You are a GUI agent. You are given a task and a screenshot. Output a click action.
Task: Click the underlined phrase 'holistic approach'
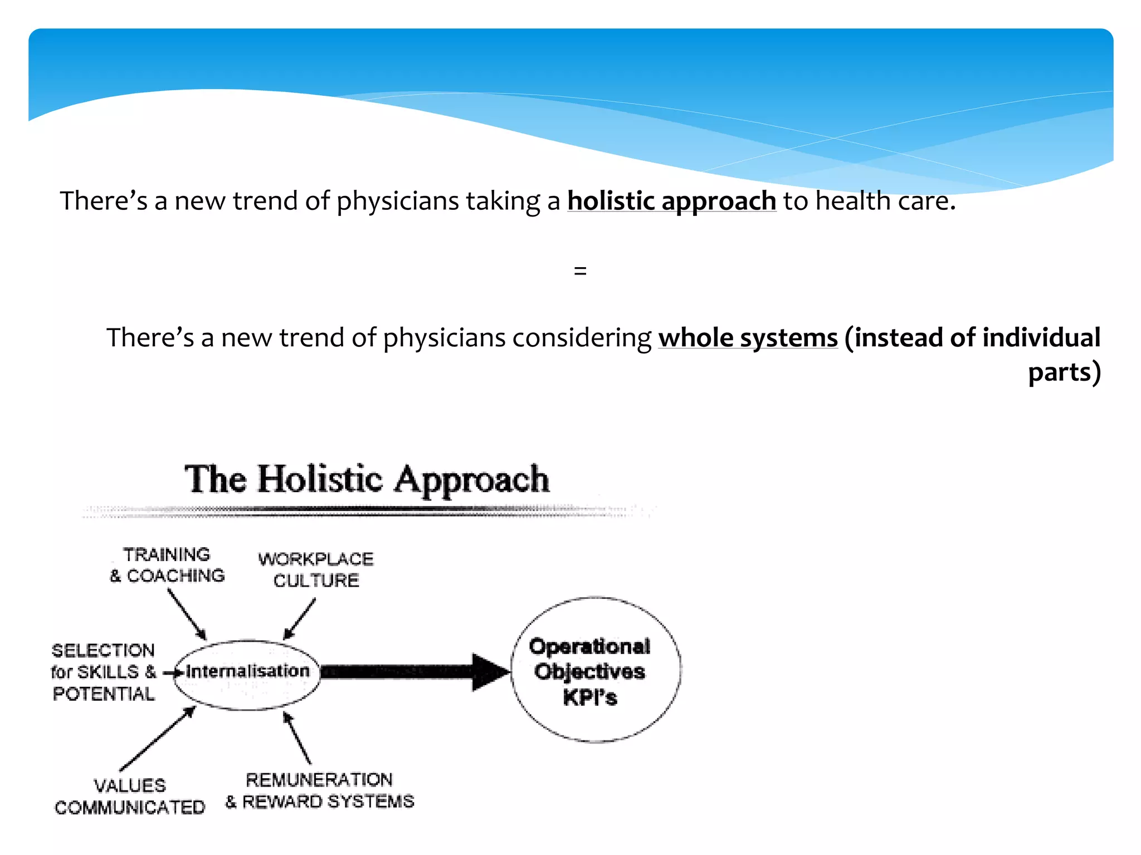[x=671, y=201]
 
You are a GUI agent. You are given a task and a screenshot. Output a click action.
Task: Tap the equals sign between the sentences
[x=580, y=271]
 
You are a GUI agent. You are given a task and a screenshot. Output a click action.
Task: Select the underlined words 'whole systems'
[x=748, y=338]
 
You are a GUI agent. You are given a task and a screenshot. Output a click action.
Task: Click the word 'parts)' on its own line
[x=1064, y=372]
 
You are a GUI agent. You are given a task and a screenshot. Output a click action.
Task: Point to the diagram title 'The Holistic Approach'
[x=367, y=479]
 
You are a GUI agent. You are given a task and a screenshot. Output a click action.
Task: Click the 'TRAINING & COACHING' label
[x=167, y=565]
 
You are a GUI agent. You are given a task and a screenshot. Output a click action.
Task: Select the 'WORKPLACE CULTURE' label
[x=316, y=569]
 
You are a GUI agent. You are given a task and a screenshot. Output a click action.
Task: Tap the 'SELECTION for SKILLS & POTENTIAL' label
[x=104, y=672]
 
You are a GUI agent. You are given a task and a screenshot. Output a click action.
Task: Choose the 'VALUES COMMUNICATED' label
[x=130, y=796]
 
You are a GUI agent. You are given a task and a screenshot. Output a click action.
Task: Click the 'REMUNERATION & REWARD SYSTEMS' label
[x=320, y=790]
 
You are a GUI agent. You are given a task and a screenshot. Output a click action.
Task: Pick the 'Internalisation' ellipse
[x=247, y=674]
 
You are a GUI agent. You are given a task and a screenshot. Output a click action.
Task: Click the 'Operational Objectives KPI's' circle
[x=595, y=670]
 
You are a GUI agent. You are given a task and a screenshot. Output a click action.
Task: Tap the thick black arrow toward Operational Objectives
[x=415, y=672]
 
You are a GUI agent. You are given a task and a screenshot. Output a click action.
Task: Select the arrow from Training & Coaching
[x=187, y=615]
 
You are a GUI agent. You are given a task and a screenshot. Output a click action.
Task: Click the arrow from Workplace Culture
[x=300, y=619]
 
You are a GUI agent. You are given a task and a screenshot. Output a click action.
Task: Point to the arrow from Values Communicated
[x=158, y=738]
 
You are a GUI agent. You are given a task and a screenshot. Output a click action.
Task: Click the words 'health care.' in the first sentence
[x=885, y=201]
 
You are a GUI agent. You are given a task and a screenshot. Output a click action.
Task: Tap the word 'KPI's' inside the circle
[x=590, y=697]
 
